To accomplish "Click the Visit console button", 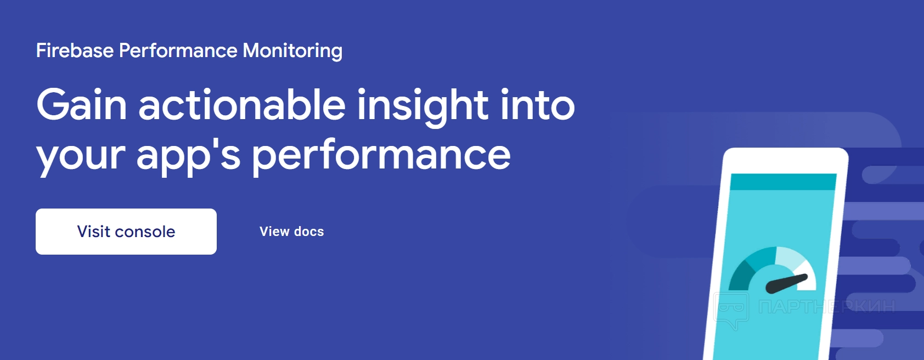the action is point(126,232).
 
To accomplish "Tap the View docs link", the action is point(292,232).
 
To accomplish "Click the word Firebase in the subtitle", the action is point(75,50).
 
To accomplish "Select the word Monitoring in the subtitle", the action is point(292,51).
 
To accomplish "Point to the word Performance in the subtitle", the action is point(178,50).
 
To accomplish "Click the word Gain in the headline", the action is point(81,105).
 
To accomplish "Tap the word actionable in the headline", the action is point(242,104).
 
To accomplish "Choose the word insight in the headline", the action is point(423,107).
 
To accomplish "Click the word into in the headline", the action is point(538,105).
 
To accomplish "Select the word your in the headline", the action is point(81,159).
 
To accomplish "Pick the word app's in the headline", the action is point(189,157).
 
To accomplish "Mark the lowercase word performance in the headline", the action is point(381,157).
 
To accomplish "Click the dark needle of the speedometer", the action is point(786,284).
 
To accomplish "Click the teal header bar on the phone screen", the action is point(783,182).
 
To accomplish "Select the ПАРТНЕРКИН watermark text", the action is point(827,306).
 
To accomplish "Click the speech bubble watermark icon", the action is point(731,310).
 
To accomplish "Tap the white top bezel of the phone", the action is point(786,161).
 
